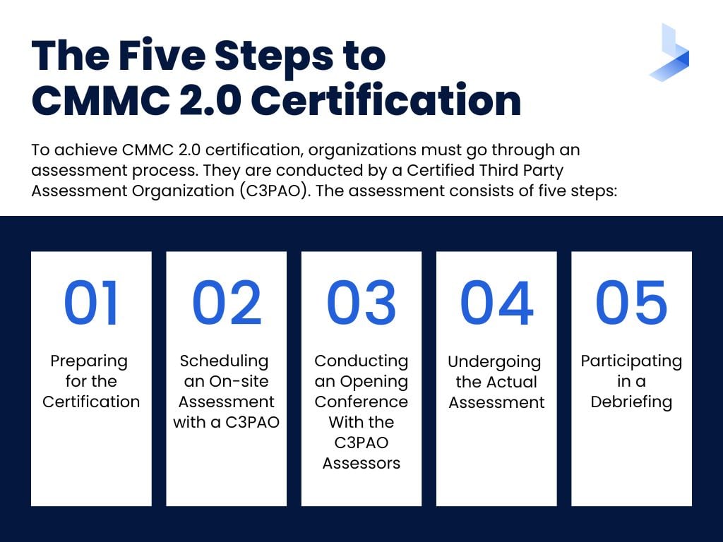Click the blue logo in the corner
(669, 52)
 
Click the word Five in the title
(164, 55)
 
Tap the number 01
(91, 303)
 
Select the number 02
(226, 303)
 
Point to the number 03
(361, 303)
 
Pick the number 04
(496, 303)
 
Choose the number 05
(631, 303)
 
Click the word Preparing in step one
(89, 362)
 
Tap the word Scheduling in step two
(224, 361)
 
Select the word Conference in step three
(361, 402)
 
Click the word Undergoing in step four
(494, 363)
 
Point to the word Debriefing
(631, 402)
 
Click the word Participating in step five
(631, 361)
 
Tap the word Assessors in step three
(361, 463)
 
